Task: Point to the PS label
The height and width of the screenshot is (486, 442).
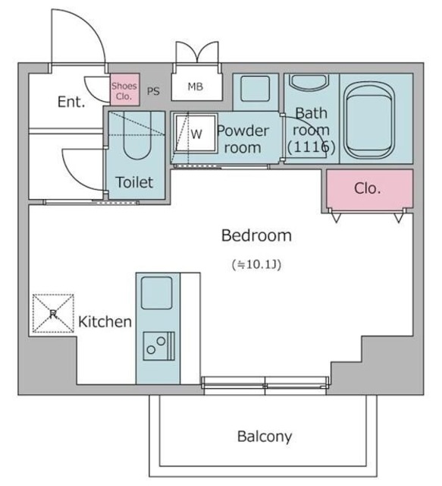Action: [153, 91]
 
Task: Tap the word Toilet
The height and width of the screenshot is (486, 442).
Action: [134, 182]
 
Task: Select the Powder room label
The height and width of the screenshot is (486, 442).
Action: [243, 138]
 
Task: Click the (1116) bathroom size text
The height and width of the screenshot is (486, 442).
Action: [311, 148]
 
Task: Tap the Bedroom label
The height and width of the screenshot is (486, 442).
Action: [256, 235]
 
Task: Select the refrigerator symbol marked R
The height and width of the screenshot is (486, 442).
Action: [52, 314]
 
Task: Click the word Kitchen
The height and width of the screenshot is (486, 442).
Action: [105, 322]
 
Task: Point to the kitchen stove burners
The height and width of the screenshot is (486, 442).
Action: [157, 346]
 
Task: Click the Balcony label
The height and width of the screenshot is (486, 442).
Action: [264, 437]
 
